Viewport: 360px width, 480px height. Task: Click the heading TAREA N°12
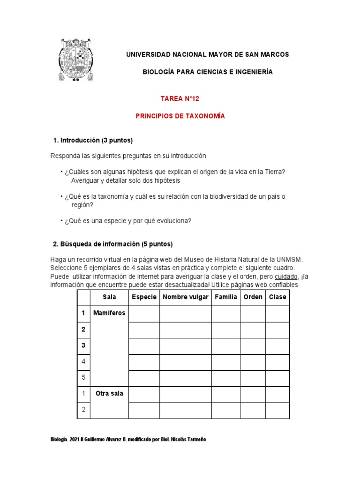[x=180, y=98]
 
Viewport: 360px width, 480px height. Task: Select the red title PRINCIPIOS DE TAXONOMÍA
[x=180, y=116]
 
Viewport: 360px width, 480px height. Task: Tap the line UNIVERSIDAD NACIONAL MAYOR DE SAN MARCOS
[x=208, y=54]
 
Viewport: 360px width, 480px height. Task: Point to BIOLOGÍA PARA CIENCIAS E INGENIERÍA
[x=207, y=72]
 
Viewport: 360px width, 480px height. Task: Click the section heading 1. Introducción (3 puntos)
[x=93, y=140]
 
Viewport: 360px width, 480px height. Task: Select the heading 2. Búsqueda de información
[x=112, y=244]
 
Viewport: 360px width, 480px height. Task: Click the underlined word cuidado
[x=286, y=276]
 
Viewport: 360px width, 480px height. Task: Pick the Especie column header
[x=144, y=297]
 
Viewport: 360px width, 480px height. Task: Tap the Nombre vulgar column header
[x=185, y=297]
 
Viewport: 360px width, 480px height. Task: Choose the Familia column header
[x=225, y=297]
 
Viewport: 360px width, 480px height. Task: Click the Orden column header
[x=253, y=297]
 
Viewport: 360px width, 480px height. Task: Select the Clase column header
[x=277, y=297]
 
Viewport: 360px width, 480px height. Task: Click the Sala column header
[x=109, y=297]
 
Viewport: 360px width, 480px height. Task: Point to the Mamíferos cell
[x=109, y=313]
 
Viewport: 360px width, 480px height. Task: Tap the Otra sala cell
[x=109, y=393]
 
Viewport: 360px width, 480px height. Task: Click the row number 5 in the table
[x=83, y=377]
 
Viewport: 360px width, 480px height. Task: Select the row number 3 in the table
[x=83, y=345]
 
